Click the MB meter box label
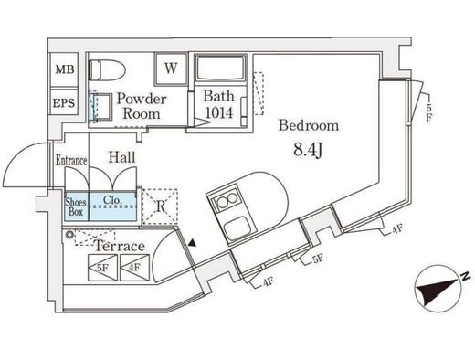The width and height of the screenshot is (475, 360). pyautogui.click(x=65, y=69)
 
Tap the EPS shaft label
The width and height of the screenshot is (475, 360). pyautogui.click(x=64, y=102)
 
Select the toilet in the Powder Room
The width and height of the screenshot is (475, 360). pyautogui.click(x=107, y=70)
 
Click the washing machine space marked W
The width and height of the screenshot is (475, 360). pyautogui.click(x=171, y=69)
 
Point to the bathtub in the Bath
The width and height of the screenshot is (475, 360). pyautogui.click(x=220, y=68)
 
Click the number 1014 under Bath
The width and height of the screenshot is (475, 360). pyautogui.click(x=219, y=112)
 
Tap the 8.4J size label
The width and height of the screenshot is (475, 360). pyautogui.click(x=308, y=150)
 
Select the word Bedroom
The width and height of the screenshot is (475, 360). pyautogui.click(x=309, y=125)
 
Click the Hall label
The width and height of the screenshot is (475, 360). pyautogui.click(x=121, y=157)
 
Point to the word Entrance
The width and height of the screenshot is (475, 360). pyautogui.click(x=71, y=161)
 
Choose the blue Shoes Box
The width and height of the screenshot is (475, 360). pyautogui.click(x=76, y=206)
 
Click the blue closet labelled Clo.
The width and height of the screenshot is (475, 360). pyautogui.click(x=112, y=206)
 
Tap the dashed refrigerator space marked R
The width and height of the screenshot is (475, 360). pyautogui.click(x=160, y=206)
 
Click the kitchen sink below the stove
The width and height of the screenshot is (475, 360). pyautogui.click(x=237, y=228)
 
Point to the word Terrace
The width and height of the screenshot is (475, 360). pyautogui.click(x=120, y=246)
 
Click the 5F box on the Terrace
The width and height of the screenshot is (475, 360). pyautogui.click(x=102, y=268)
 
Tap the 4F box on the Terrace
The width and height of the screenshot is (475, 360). pyautogui.click(x=135, y=268)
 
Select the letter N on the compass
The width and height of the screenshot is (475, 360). pyautogui.click(x=465, y=277)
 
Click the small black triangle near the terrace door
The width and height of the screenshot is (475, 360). pyautogui.click(x=192, y=243)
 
